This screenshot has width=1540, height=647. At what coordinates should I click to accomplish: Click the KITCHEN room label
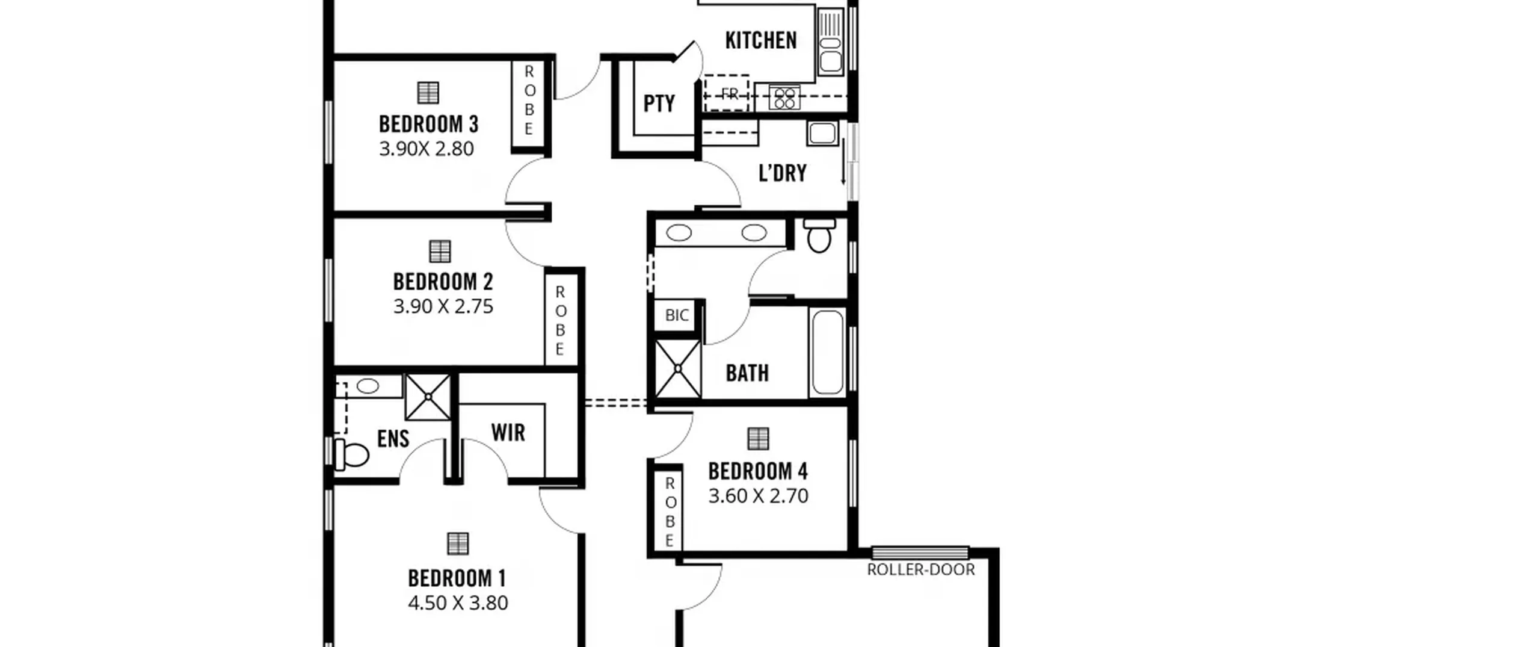coord(760,40)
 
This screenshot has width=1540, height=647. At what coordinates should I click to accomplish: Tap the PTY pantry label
coord(659,104)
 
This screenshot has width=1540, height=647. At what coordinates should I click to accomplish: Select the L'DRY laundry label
coord(782,173)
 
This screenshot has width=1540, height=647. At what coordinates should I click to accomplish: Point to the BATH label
coord(747,373)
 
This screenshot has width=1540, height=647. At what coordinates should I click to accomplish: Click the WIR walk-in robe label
coord(508,432)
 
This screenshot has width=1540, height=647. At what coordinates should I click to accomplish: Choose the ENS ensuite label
coord(393,438)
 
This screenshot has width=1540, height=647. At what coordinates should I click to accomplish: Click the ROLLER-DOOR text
coord(920,569)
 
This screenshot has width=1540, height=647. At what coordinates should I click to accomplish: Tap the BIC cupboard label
coord(677,315)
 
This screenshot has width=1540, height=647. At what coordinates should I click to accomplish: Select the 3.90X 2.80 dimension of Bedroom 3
coord(426,149)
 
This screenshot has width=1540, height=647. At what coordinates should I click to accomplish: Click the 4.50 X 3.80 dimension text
coord(458,602)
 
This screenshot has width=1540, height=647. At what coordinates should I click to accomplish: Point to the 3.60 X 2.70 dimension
coord(758,495)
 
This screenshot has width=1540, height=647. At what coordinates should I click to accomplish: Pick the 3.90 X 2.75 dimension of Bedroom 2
coord(443,306)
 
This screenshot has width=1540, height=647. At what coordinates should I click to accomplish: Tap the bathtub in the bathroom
coord(827,353)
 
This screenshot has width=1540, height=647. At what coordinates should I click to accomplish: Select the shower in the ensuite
coord(428,397)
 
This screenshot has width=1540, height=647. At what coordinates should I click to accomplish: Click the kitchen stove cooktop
coord(784,98)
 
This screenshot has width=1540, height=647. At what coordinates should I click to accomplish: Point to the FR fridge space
coord(727,93)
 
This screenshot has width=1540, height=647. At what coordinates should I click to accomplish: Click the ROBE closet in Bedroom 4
coord(669,512)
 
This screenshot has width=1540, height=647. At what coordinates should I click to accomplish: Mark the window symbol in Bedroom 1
coord(458,543)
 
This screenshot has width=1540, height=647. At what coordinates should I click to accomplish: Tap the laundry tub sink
coord(822,133)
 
